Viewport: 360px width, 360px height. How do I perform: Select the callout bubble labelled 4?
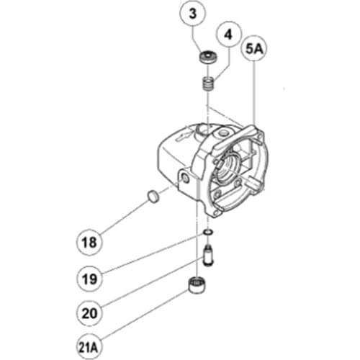pos(229,33)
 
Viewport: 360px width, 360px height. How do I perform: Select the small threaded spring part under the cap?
pos(209,86)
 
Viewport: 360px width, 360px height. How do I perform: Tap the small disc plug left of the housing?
pos(153,196)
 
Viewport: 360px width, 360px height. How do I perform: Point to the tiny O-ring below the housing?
pos(207,233)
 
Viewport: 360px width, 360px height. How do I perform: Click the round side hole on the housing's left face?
pos(186,176)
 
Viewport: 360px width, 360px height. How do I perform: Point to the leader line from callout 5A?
pos(256,94)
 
